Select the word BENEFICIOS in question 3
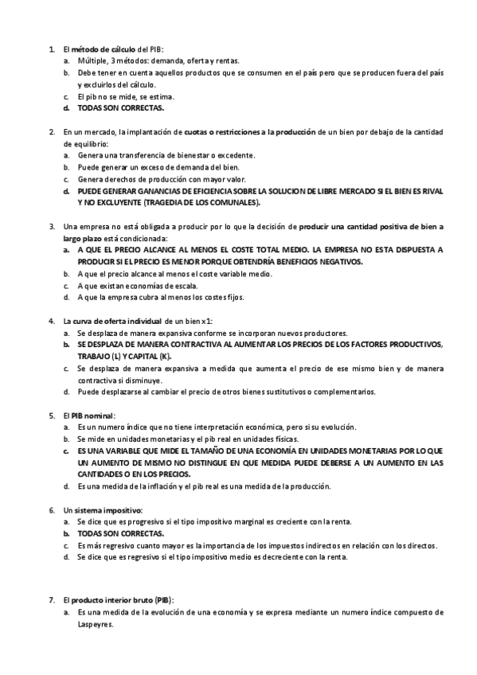coord(302,261)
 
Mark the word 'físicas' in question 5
coord(283,439)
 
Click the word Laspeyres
coord(96,625)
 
